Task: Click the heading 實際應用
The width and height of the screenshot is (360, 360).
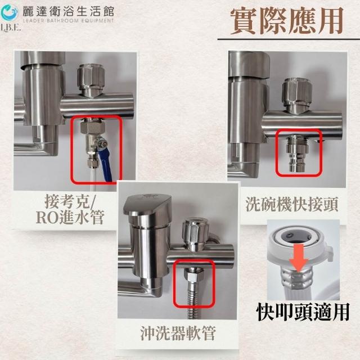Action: click(x=287, y=21)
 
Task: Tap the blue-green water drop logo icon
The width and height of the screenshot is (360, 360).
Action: click(x=9, y=12)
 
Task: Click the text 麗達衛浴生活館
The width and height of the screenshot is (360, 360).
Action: click(x=68, y=11)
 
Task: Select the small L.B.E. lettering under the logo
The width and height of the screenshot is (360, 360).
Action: click(x=11, y=28)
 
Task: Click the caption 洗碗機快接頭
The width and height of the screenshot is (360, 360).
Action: click(x=292, y=204)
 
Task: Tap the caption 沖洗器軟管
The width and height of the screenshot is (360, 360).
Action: click(x=178, y=333)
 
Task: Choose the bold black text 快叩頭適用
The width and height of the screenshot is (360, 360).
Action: click(x=303, y=312)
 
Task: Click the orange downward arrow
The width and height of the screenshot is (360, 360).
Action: click(x=299, y=258)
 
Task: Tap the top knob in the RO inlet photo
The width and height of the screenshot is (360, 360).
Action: click(x=91, y=80)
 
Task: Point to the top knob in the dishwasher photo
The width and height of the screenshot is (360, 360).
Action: click(x=296, y=94)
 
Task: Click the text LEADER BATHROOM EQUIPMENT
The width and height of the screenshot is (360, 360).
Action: click(x=68, y=21)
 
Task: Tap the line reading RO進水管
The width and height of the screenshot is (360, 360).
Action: click(x=70, y=217)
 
